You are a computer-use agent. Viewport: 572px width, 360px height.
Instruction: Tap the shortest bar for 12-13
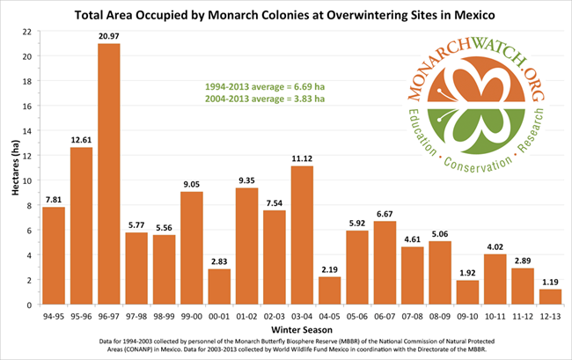[x=550, y=297]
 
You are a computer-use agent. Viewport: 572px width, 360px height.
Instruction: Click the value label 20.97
[x=108, y=35]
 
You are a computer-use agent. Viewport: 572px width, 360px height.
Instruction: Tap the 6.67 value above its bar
[x=357, y=213]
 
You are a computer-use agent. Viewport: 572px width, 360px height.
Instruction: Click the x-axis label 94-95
[x=54, y=312]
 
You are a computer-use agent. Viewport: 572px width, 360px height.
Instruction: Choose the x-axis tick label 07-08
[x=412, y=312]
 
